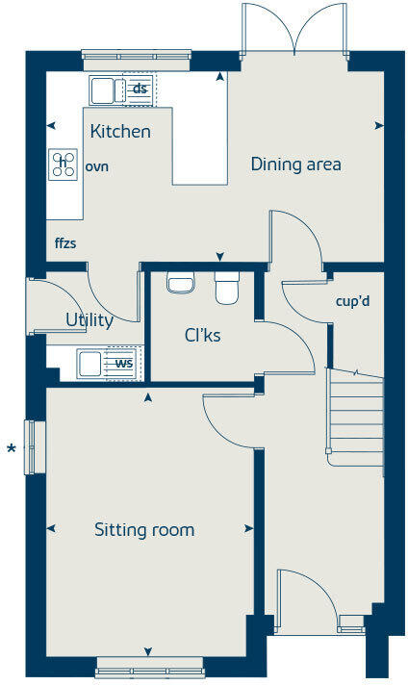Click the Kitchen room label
coord(120,131)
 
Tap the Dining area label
coord(295,164)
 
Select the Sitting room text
coord(144,529)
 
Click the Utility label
coord(89,320)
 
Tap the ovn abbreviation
coord(96,166)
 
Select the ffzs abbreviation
coord(65,242)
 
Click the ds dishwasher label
coord(140,89)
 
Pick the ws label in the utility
coord(124,364)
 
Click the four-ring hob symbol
coord(64,165)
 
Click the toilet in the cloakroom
coord(227,287)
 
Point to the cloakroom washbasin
coord(180,282)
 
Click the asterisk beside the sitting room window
coord(12,449)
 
